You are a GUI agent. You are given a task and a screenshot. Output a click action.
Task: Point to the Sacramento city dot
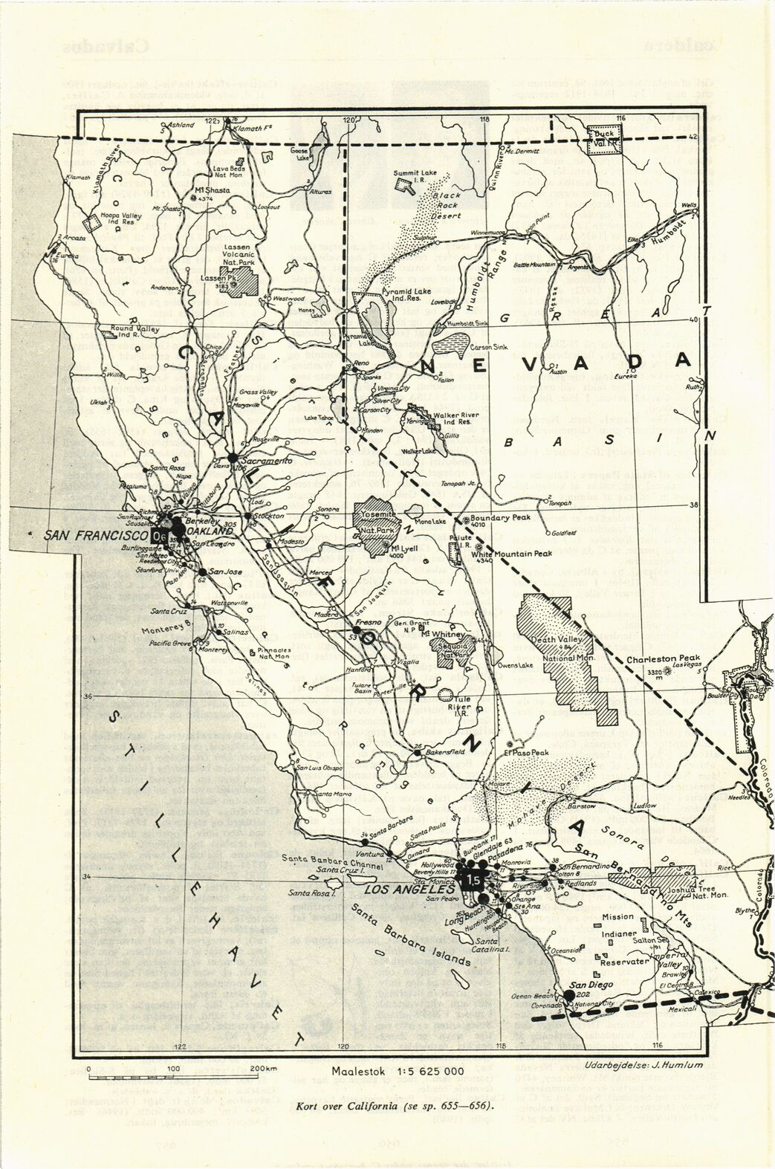tap(233, 456)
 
